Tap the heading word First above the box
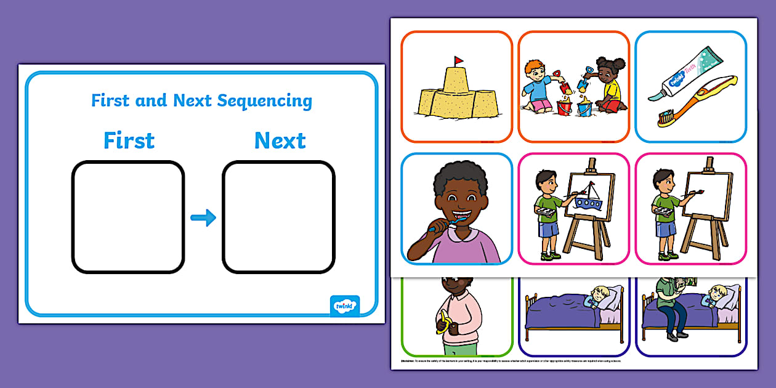coord(129,140)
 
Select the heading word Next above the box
coord(280,140)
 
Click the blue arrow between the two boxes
coord(203,217)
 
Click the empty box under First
coord(128,217)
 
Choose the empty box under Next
coord(278,217)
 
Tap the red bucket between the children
coord(564,106)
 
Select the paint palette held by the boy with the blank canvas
coord(664,211)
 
